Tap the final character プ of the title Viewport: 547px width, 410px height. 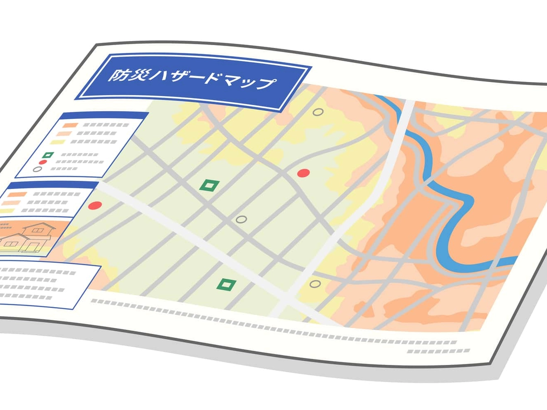[267, 84]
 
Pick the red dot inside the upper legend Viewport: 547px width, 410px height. [43, 162]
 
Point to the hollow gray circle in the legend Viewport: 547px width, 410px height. [37, 169]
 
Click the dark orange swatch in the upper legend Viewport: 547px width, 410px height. [70, 125]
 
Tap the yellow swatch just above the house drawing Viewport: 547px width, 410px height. [8, 211]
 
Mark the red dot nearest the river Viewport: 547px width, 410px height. [304, 173]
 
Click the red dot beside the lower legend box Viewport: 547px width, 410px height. [95, 205]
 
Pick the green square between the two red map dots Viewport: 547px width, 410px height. [209, 185]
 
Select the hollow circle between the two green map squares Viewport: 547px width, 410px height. [242, 219]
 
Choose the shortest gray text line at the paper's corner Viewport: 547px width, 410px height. [424, 351]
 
